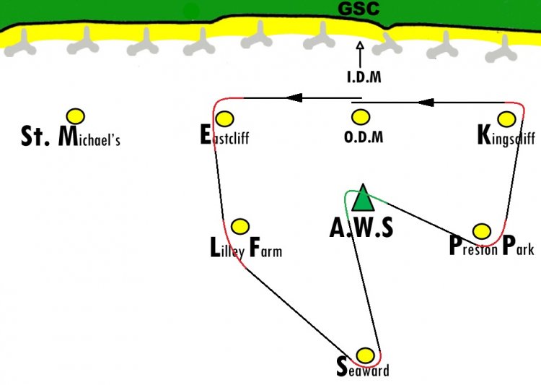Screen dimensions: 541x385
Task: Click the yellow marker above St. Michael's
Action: pyautogui.click(x=76, y=116)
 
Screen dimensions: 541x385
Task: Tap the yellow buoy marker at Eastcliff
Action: pyautogui.click(x=224, y=119)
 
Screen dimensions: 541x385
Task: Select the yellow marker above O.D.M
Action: pyautogui.click(x=361, y=117)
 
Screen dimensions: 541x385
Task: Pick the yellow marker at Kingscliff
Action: pyautogui.click(x=507, y=119)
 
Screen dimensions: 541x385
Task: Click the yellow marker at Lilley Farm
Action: pyautogui.click(x=240, y=227)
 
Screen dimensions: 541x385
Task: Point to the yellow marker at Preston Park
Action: pyautogui.click(x=482, y=231)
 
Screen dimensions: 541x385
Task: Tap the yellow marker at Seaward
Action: pyautogui.click(x=365, y=355)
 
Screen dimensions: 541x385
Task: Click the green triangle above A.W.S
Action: pyautogui.click(x=363, y=198)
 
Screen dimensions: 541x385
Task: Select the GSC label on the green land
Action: pyautogui.click(x=359, y=9)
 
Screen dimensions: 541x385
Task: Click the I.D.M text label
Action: pyautogui.click(x=364, y=77)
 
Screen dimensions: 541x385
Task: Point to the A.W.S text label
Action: pyautogui.click(x=361, y=228)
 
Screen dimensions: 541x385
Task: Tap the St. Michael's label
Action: pyautogui.click(x=71, y=137)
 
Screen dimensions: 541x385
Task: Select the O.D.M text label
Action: pyautogui.click(x=364, y=137)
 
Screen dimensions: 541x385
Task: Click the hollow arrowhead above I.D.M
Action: pyautogui.click(x=360, y=46)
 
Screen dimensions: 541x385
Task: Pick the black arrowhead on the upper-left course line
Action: pyautogui.click(x=294, y=98)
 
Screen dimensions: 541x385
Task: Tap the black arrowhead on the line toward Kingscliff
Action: pyautogui.click(x=426, y=103)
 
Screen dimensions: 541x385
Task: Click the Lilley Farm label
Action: pyautogui.click(x=246, y=248)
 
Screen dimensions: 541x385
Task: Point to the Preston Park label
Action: pyautogui.click(x=492, y=246)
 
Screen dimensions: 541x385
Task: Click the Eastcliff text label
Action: pyautogui.click(x=224, y=135)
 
